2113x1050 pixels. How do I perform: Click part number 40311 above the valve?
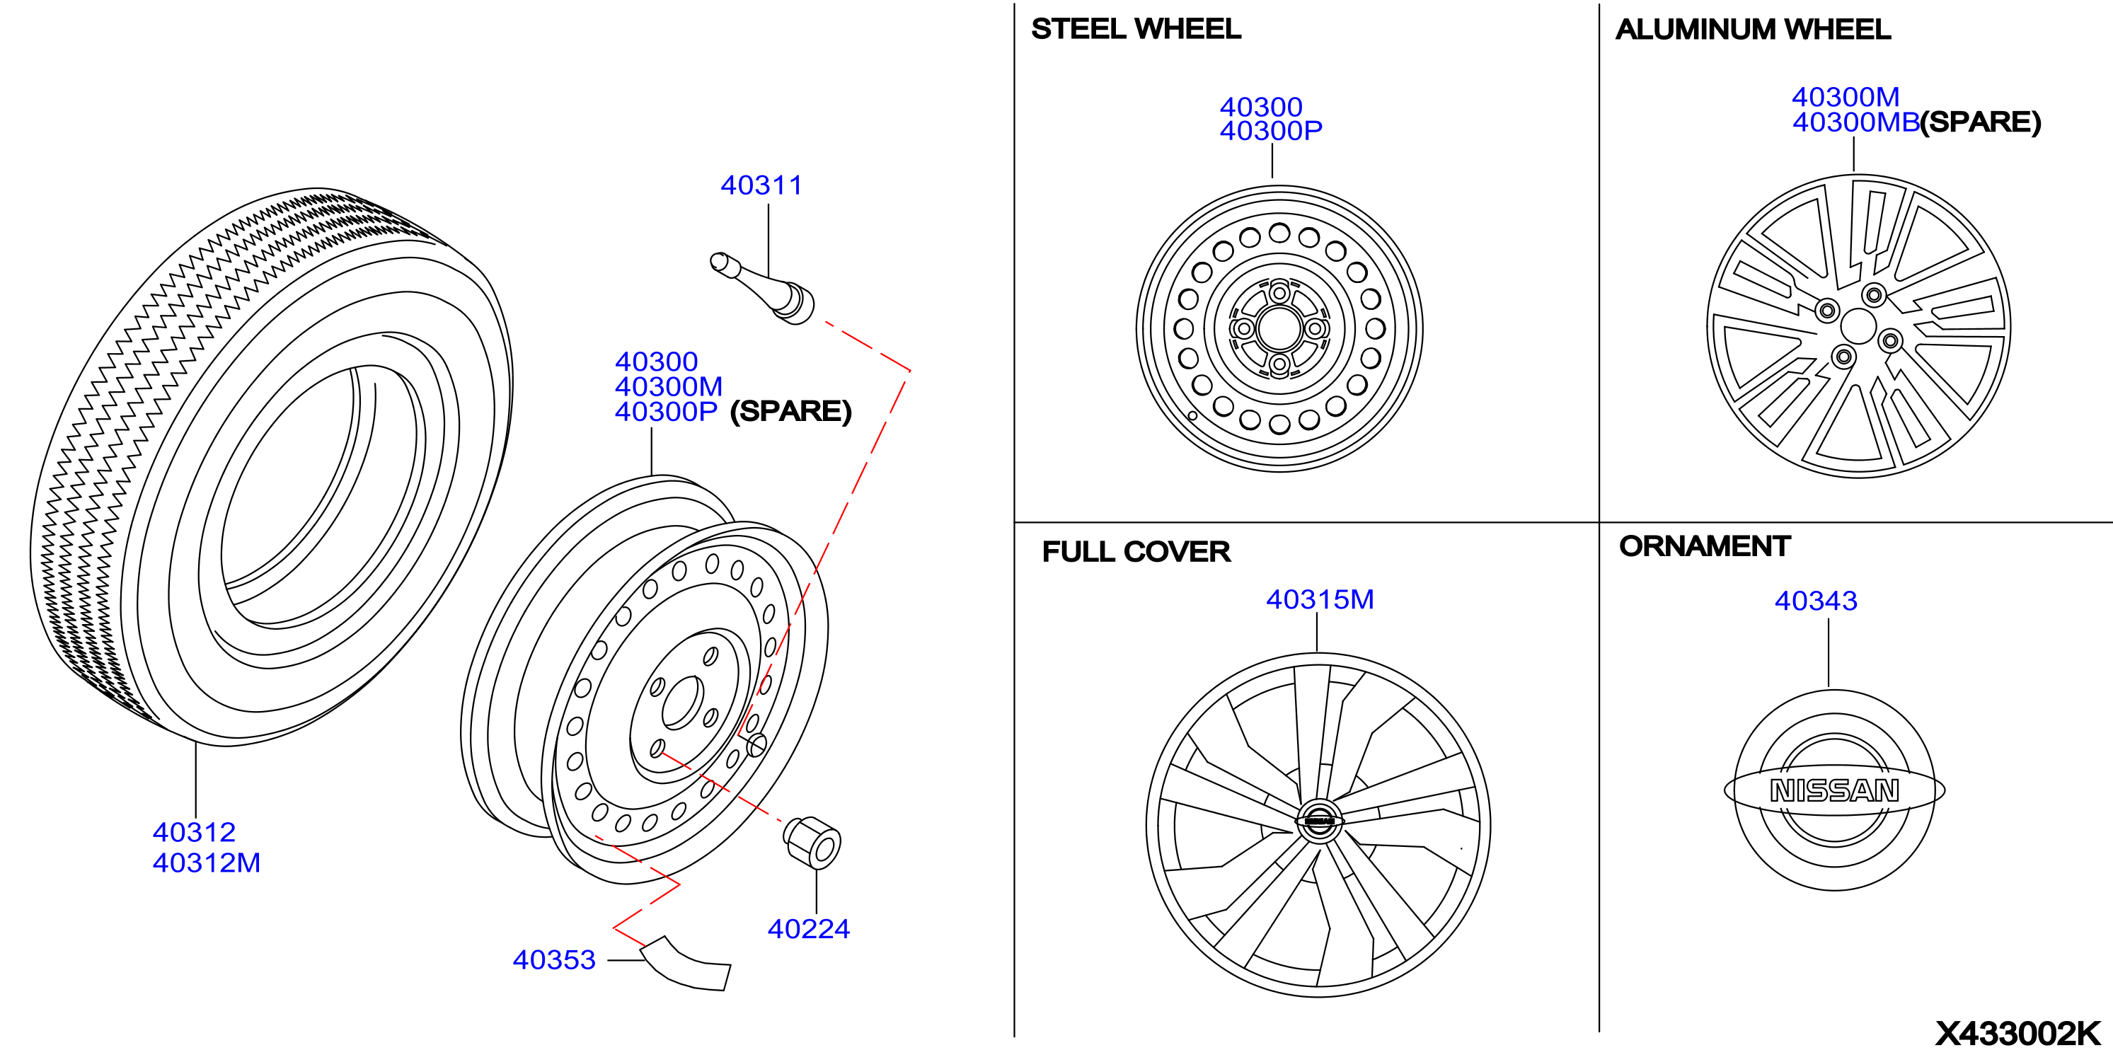coord(761,185)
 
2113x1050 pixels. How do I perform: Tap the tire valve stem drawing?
coord(762,288)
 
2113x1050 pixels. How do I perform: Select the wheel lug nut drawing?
coord(812,843)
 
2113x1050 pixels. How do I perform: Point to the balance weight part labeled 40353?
coord(686,964)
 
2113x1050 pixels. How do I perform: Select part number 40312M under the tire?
coord(206,863)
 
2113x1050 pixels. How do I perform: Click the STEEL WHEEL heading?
coord(1136,30)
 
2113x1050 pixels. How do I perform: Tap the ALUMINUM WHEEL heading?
coord(1753,30)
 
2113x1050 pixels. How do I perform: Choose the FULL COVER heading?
coord(1136,552)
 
